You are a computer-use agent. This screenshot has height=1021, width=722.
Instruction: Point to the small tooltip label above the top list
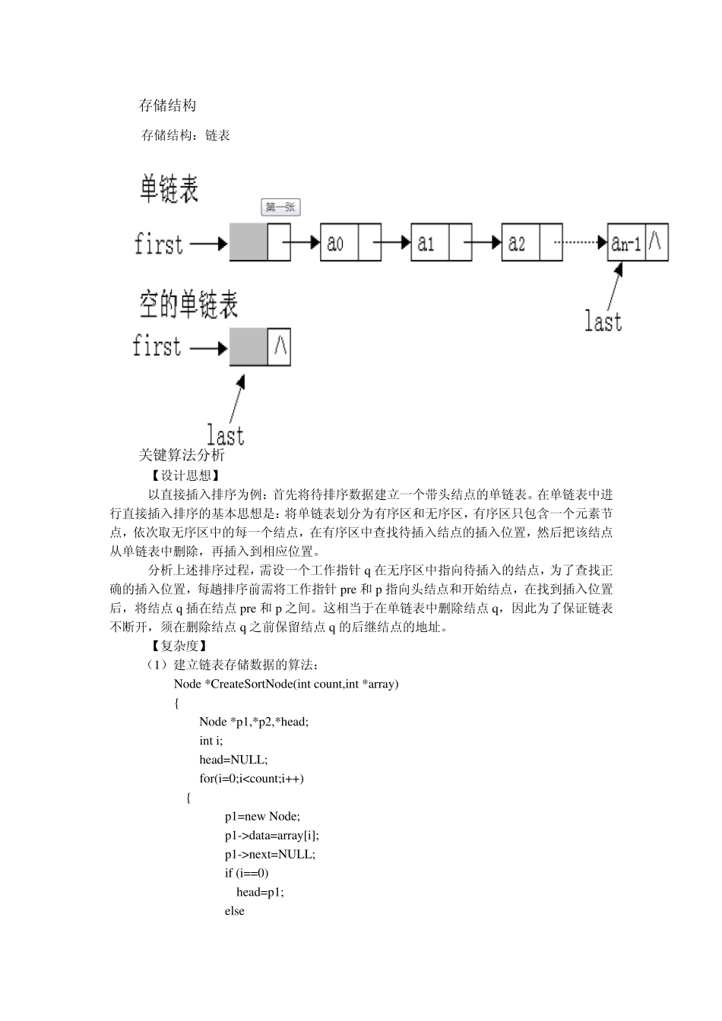click(x=280, y=207)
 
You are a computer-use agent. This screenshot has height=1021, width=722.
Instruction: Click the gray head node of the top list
click(x=249, y=243)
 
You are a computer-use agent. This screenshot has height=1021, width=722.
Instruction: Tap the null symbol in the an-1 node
click(x=656, y=242)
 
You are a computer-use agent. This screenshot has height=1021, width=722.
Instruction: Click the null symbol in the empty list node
click(x=279, y=346)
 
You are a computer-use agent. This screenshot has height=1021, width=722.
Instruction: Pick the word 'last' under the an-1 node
click(x=603, y=321)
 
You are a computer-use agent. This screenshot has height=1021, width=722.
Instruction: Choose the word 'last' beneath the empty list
click(x=226, y=435)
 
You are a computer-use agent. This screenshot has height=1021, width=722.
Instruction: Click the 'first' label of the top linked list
click(x=159, y=245)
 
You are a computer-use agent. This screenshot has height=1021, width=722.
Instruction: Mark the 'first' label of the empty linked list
click(x=157, y=346)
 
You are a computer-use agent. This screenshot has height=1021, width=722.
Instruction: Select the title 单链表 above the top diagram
click(x=169, y=188)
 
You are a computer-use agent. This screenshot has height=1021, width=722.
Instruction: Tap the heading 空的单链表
click(x=188, y=305)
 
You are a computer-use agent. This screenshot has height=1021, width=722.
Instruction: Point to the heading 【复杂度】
click(x=174, y=646)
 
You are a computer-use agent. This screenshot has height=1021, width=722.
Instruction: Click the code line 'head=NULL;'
click(x=233, y=760)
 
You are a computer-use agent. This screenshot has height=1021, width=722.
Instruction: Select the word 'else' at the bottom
click(x=234, y=911)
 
